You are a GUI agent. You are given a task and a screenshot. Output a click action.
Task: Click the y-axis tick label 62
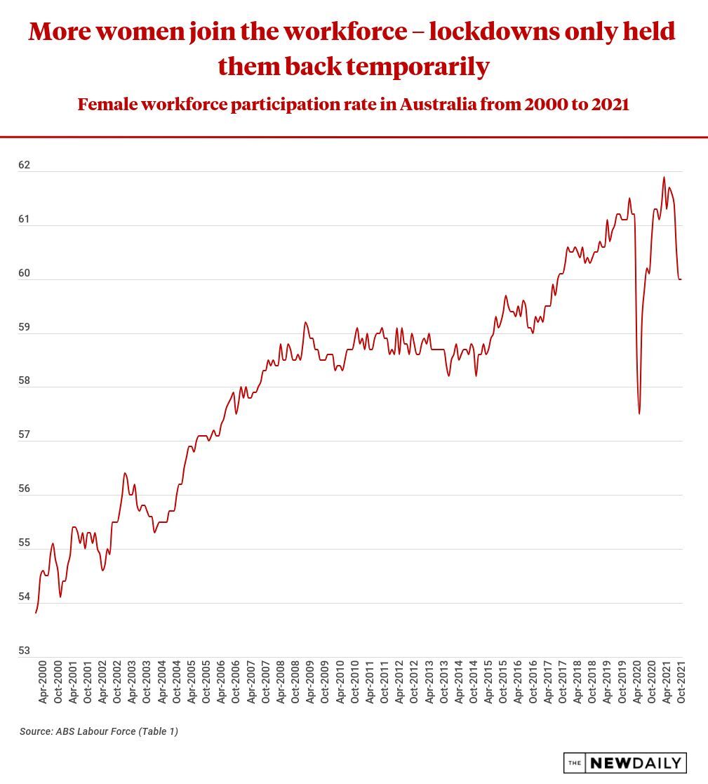click(25, 166)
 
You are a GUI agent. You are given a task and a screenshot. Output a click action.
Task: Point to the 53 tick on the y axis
click(25, 651)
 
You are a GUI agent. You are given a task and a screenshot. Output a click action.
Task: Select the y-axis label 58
click(25, 381)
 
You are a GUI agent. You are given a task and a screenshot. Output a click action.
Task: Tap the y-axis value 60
click(25, 274)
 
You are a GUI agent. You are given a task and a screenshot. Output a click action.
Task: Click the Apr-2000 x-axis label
click(43, 682)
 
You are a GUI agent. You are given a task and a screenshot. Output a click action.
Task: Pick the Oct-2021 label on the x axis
click(681, 682)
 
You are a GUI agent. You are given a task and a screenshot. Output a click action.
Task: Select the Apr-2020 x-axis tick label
click(636, 682)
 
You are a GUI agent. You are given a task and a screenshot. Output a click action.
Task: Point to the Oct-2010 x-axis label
click(354, 682)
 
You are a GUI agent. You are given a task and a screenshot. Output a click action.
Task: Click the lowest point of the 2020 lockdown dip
click(639, 413)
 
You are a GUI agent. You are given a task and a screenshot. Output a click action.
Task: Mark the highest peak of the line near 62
click(664, 178)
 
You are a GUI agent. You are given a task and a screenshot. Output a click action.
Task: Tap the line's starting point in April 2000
click(36, 613)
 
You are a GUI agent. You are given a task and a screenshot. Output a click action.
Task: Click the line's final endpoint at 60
click(681, 279)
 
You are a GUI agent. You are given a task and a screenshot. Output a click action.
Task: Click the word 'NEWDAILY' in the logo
click(635, 763)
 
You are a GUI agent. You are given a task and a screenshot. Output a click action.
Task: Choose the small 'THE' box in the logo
click(575, 763)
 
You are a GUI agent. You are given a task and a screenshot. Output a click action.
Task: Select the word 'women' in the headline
click(145, 32)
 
